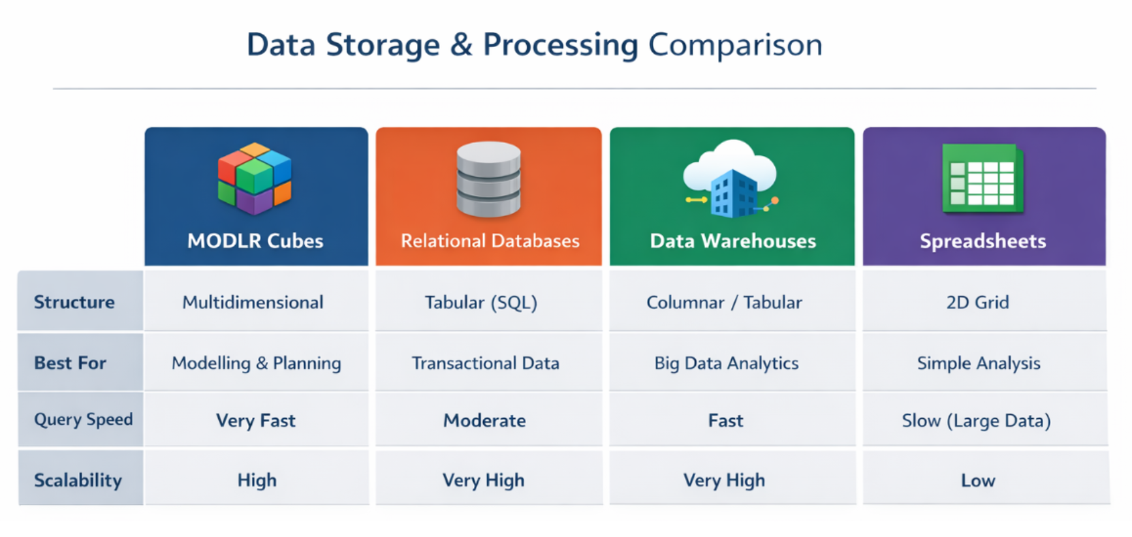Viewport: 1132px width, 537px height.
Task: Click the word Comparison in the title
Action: point(735,45)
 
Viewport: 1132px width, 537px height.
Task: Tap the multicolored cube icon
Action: point(255,178)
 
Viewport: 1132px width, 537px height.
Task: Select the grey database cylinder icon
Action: point(488,179)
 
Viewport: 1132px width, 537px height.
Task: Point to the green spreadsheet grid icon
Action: point(983,179)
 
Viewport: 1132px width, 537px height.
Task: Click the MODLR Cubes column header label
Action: point(255,241)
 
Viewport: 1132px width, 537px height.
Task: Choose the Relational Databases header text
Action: point(490,241)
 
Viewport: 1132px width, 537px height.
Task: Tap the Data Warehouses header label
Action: point(732,241)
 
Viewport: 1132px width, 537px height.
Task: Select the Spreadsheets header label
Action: point(983,241)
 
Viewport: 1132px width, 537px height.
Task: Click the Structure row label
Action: point(74,302)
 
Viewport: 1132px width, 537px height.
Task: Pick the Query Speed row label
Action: point(83,420)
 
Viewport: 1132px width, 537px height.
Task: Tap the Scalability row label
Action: point(78,480)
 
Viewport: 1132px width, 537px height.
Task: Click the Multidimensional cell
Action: point(253,302)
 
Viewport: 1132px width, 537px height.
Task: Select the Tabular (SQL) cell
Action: point(481,302)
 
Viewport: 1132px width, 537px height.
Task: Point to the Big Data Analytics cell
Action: point(726,363)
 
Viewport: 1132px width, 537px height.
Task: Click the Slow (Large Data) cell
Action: point(976,420)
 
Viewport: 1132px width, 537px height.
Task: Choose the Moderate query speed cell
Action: point(484,420)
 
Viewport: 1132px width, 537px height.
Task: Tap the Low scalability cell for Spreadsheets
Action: point(978,481)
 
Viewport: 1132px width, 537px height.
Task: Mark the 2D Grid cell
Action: point(977,302)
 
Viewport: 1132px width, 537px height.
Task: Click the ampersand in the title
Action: point(461,45)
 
